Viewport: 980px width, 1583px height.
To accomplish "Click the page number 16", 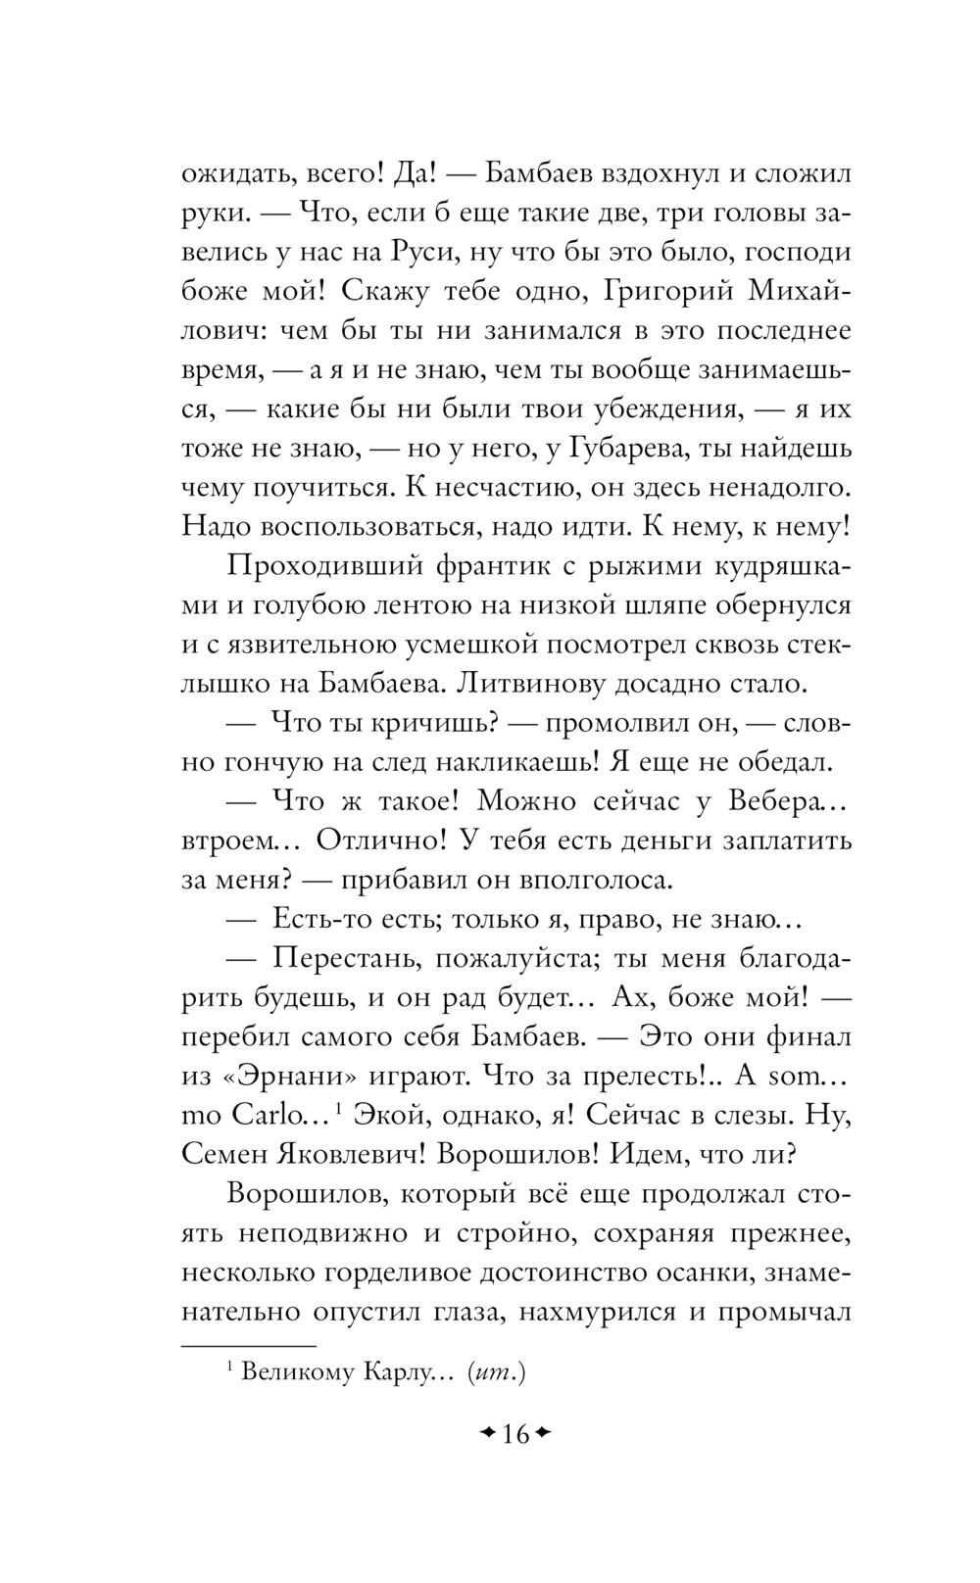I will point(515,1435).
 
